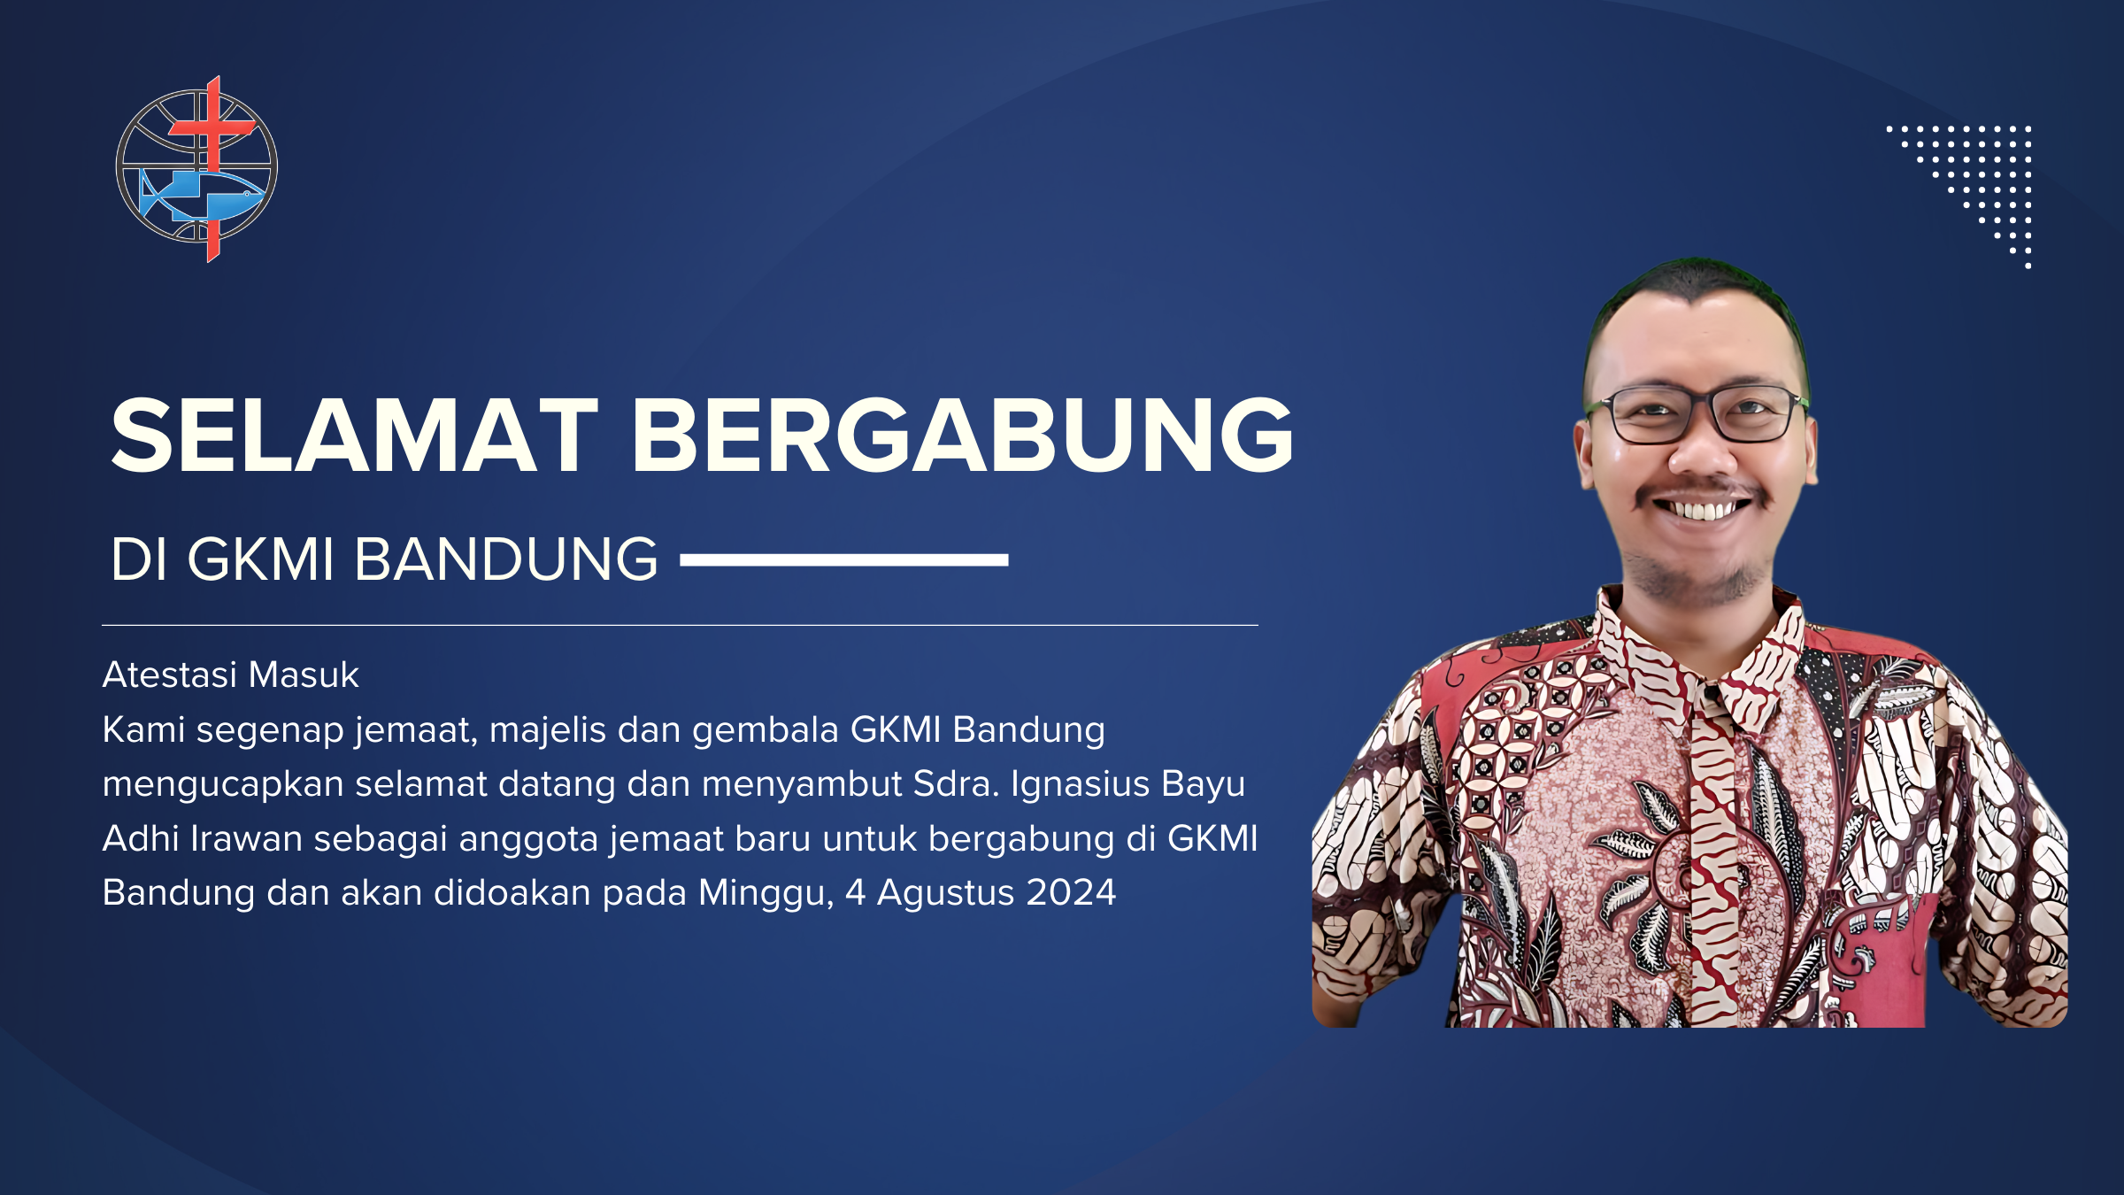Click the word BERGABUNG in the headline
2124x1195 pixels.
click(x=962, y=435)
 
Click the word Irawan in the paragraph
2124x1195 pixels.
click(x=247, y=838)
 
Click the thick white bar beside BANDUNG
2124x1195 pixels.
click(x=844, y=559)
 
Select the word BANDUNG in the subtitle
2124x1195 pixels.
click(x=506, y=559)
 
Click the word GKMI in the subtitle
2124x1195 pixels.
click(x=261, y=559)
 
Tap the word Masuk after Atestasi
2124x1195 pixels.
click(x=304, y=675)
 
